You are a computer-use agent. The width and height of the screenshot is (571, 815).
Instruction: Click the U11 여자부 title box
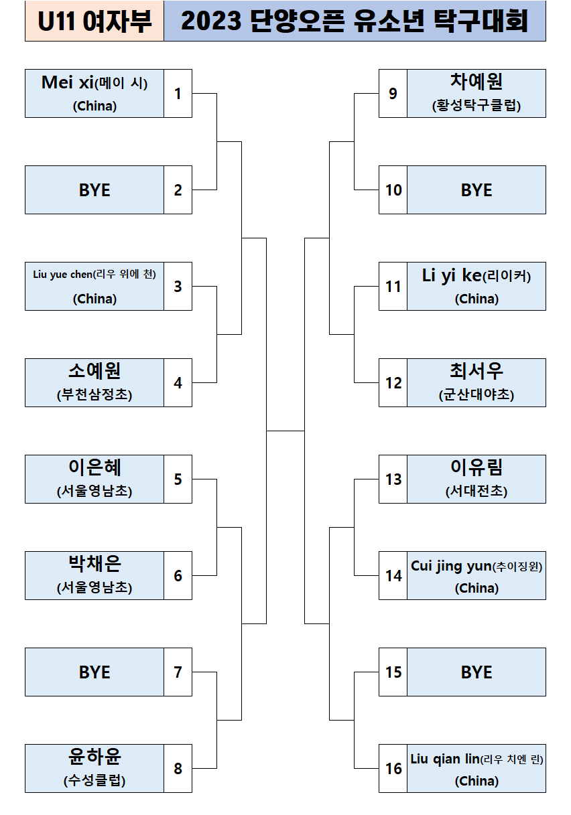[x=94, y=22]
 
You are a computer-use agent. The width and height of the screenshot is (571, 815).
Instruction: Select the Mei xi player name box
[x=94, y=93]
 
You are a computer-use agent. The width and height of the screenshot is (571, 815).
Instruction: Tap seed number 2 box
[x=178, y=190]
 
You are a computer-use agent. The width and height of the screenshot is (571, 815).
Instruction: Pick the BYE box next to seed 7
[x=94, y=672]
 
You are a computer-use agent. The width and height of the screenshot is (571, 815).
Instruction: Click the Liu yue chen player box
[x=94, y=286]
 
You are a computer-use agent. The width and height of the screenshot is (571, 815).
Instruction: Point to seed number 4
[x=178, y=383]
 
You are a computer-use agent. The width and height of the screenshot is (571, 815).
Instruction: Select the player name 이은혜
[x=94, y=467]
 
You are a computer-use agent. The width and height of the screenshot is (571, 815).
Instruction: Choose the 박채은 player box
[x=94, y=575]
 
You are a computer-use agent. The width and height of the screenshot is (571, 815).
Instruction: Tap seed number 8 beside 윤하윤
[x=178, y=768]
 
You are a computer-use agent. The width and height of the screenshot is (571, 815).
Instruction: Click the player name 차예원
[x=477, y=82]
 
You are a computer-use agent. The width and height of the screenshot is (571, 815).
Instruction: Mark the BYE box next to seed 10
[x=477, y=190]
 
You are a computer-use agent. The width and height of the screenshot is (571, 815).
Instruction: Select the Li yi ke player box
[x=477, y=286]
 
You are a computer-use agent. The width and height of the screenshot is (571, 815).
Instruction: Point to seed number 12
[x=393, y=383]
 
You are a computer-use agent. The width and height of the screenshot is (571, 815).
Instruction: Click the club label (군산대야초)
[x=477, y=395]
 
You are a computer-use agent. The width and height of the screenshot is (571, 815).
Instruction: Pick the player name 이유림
[x=477, y=467]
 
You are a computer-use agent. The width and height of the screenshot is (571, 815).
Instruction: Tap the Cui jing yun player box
[x=477, y=575]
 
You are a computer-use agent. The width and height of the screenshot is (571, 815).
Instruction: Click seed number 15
[x=393, y=672]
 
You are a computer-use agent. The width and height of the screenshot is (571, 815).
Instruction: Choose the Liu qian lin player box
[x=477, y=768]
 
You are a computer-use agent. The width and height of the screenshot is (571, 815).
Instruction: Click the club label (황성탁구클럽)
[x=477, y=106]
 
